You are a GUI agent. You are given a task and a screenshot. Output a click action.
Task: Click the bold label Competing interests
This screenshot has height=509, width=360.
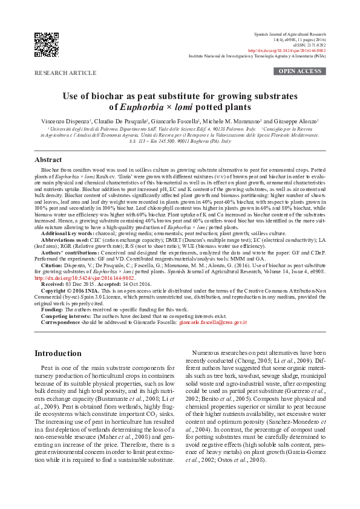(x=66, y=316)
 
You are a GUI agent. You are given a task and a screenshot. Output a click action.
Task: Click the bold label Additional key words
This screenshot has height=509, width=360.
(x=68, y=233)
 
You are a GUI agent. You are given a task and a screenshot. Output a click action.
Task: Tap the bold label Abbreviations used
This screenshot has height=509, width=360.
(x=65, y=240)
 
